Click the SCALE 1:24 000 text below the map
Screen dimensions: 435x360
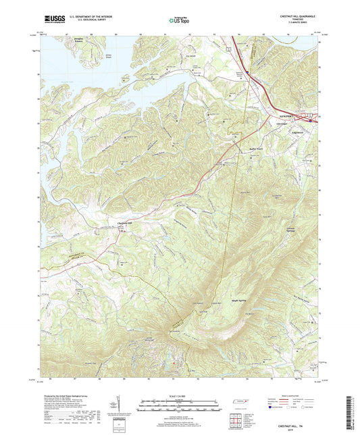point(180,395)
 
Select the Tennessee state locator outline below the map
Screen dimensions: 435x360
point(239,403)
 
